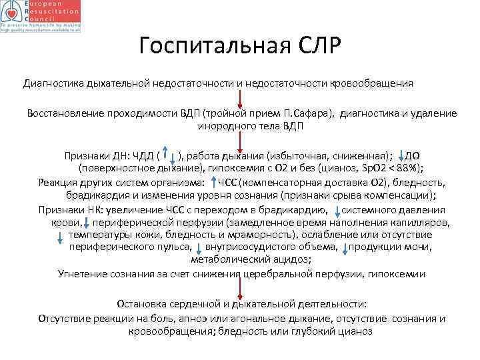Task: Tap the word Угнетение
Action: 82,273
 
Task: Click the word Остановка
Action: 140,304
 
